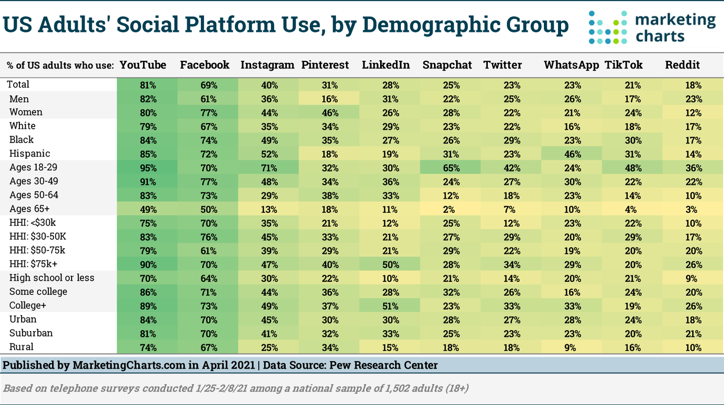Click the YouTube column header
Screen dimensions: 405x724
coord(143,65)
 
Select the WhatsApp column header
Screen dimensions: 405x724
coord(571,65)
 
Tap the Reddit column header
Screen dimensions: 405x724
coord(682,65)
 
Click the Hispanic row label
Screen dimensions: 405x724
coord(30,154)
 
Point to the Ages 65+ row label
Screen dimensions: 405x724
coord(29,209)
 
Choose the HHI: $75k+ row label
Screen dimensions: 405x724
coord(33,264)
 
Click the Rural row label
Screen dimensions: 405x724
coord(22,347)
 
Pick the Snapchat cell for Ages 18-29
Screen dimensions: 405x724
coord(451,168)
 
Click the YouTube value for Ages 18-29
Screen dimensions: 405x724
coord(148,168)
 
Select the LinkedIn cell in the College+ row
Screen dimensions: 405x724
coord(390,306)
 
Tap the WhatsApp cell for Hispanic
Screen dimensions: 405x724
coord(572,154)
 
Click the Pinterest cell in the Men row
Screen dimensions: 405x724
coord(329,99)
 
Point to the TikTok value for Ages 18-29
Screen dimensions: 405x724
coord(633,168)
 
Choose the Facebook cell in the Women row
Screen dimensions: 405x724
coord(209,113)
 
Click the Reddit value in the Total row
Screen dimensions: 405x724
coord(693,85)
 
